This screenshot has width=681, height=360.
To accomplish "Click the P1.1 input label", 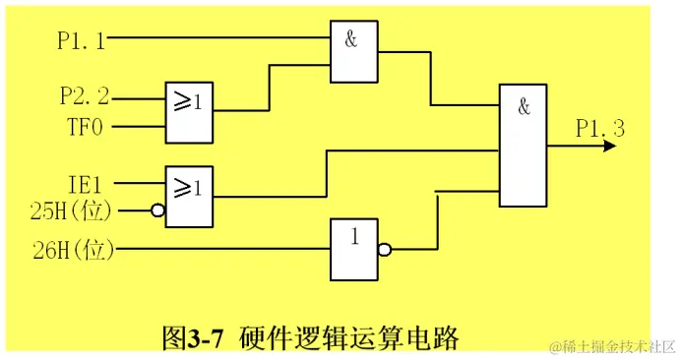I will (x=83, y=40).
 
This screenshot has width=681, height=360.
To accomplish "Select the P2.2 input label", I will (x=85, y=95).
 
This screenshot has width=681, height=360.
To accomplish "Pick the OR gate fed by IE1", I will (x=189, y=196).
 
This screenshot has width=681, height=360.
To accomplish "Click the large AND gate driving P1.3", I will (x=524, y=146).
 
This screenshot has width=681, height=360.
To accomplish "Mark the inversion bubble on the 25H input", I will (x=156, y=210).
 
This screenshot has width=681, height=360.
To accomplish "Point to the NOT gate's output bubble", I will (x=385, y=251).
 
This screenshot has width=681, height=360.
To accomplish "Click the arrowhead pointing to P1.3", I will (x=609, y=146).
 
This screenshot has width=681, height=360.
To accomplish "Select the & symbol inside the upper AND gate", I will (x=350, y=39).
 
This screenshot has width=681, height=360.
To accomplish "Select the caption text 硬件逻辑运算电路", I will (x=348, y=338).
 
